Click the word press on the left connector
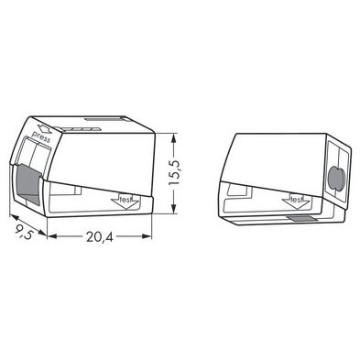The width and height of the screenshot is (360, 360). click(40, 136)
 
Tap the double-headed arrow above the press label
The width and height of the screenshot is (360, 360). click(44, 129)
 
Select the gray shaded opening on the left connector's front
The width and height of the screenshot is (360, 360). click(28, 184)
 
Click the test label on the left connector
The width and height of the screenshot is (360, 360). click(125, 200)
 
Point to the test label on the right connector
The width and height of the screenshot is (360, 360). click(296, 200)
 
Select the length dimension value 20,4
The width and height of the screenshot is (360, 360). click(100, 237)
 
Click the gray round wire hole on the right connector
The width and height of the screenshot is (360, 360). click(336, 178)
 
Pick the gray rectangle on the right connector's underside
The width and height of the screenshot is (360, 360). click(301, 218)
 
